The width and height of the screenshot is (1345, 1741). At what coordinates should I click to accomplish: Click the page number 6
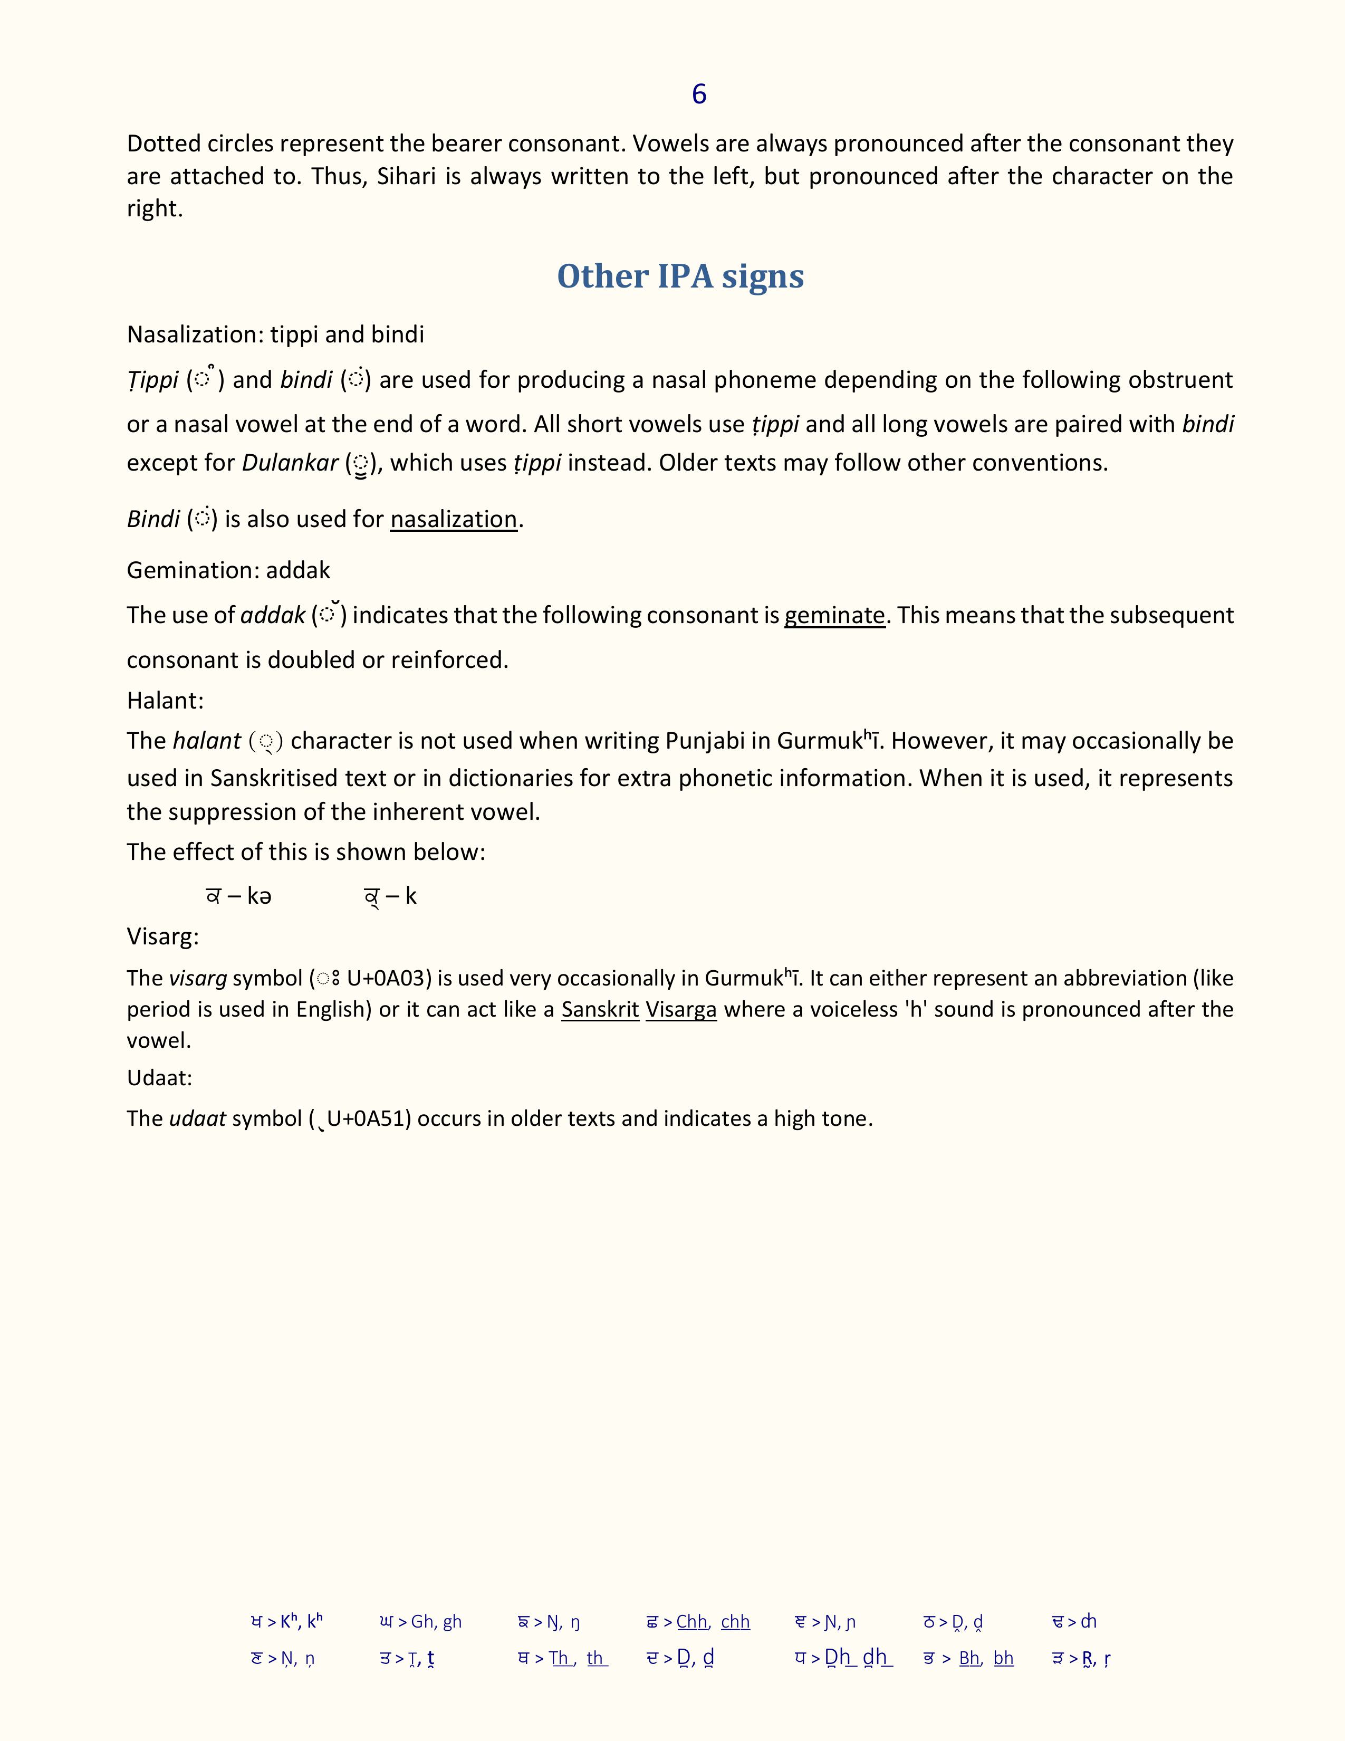click(699, 94)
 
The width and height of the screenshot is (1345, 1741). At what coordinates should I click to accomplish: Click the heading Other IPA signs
click(680, 276)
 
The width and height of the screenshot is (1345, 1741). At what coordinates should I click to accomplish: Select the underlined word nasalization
click(454, 519)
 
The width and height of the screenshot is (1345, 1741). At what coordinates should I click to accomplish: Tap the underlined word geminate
click(834, 615)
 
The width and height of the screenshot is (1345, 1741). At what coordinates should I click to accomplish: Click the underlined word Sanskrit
click(600, 1009)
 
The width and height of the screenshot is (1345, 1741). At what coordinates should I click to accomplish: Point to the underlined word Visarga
click(680, 1009)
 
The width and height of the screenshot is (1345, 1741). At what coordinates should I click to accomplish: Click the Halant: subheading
click(165, 700)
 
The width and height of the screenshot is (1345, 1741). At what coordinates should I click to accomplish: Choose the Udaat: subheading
click(159, 1078)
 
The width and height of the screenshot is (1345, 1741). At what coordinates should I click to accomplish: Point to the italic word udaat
click(198, 1118)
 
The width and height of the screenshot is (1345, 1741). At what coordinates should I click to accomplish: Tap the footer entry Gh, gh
click(436, 1621)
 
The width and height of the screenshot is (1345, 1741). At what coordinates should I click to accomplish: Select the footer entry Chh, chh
click(713, 1621)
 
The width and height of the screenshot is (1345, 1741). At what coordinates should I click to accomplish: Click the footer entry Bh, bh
click(986, 1658)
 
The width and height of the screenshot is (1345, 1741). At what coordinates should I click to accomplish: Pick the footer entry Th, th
click(579, 1658)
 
